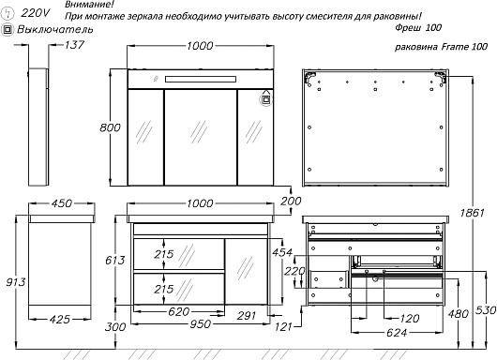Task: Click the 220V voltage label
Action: pyautogui.click(x=36, y=13)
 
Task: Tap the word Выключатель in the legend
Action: pyautogui.click(x=55, y=29)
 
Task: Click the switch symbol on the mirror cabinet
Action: pyautogui.click(x=266, y=99)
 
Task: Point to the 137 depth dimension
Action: pyautogui.click(x=74, y=45)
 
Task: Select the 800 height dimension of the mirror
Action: pyautogui.click(x=110, y=127)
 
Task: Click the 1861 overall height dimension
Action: pyautogui.click(x=473, y=213)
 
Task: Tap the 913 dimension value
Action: pyautogui.click(x=16, y=282)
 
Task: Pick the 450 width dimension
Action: pyautogui.click(x=62, y=203)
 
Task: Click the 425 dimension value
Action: pyautogui.click(x=60, y=319)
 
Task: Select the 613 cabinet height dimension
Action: pyautogui.click(x=115, y=261)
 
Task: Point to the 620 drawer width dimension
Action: pyautogui.click(x=179, y=312)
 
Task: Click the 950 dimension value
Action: pyautogui.click(x=201, y=323)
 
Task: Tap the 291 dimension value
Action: pyautogui.click(x=247, y=316)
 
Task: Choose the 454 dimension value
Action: pyautogui.click(x=282, y=252)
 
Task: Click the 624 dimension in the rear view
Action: pyautogui.click(x=397, y=333)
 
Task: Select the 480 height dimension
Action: pyautogui.click(x=459, y=314)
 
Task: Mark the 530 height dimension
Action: pyautogui.click(x=486, y=310)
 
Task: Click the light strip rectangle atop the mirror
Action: pyautogui.click(x=201, y=79)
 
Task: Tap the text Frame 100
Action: pyautogui.click(x=465, y=47)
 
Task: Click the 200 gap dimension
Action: pyautogui.click(x=291, y=201)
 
